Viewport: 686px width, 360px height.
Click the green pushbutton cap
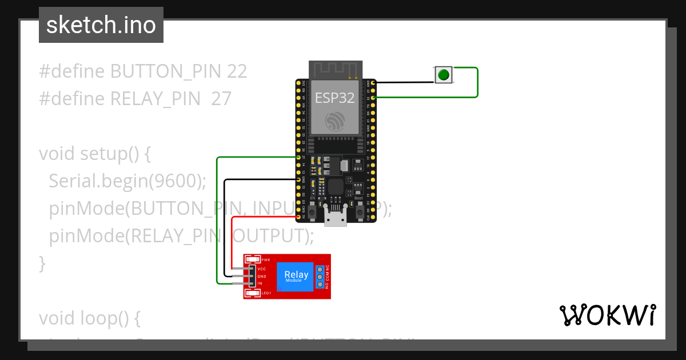[x=443, y=74]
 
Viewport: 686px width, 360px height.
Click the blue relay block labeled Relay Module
[x=296, y=277]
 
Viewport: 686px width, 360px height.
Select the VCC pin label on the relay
[x=262, y=269]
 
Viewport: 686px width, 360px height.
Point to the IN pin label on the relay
[x=260, y=283]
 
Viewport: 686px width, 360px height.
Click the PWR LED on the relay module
[x=252, y=260]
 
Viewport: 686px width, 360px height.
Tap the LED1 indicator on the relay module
[x=252, y=293]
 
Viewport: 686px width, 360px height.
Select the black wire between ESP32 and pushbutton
[x=403, y=83]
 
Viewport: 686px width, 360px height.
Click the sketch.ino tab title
[x=101, y=26]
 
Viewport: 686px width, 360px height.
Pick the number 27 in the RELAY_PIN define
[x=221, y=99]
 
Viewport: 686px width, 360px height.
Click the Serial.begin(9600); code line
[x=127, y=181]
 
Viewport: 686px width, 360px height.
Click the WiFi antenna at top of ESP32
[x=336, y=70]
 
